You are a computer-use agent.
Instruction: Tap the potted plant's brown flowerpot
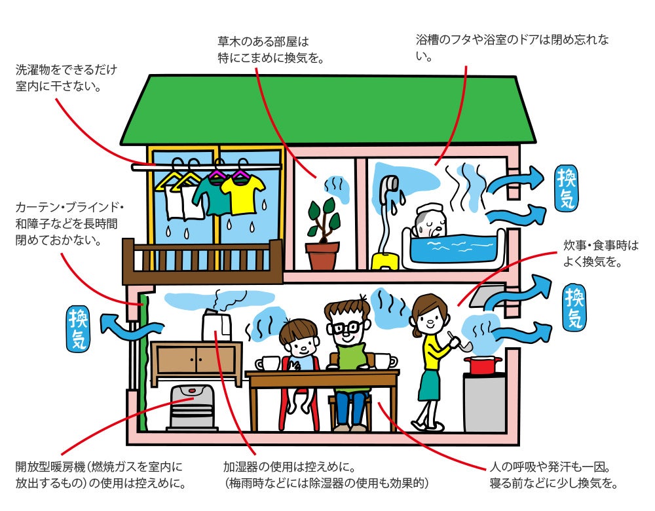click(322, 256)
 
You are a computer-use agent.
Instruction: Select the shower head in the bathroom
click(391, 183)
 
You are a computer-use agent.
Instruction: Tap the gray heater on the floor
click(193, 407)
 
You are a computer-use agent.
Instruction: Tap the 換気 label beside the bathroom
click(567, 188)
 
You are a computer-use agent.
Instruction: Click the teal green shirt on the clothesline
click(212, 195)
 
